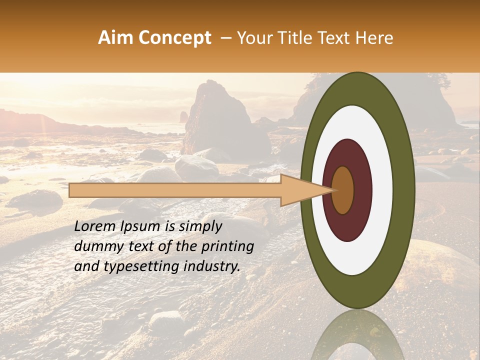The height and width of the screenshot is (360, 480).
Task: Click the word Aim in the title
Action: (114, 38)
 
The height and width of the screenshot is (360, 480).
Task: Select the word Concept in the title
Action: (173, 38)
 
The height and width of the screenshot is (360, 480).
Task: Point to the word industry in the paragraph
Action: (211, 266)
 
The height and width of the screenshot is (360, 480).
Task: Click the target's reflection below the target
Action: (357, 335)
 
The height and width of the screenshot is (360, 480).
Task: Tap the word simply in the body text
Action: (200, 226)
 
